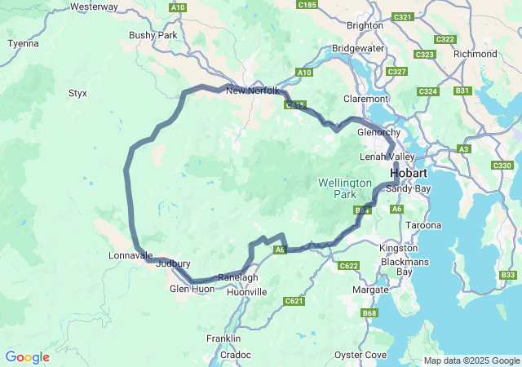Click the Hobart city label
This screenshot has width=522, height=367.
point(409,174)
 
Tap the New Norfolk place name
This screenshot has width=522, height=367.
point(253,91)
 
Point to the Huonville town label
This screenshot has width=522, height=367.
point(246,291)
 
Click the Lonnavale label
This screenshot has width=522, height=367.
point(130,255)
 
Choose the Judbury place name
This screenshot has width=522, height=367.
point(173,263)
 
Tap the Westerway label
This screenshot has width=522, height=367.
point(95,7)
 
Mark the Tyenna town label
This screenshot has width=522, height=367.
point(23,43)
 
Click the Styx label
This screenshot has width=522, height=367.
point(78,93)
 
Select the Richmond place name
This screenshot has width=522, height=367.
point(475,54)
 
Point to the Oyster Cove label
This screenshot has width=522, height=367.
point(361,355)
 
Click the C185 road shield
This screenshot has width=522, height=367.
point(307,5)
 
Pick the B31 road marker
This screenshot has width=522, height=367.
point(463,90)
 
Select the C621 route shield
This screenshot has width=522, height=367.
point(294,302)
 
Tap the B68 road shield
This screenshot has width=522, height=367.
point(370,313)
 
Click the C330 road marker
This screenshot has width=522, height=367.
point(502,166)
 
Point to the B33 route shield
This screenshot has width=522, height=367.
point(508,276)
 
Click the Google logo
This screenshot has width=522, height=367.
point(28,357)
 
